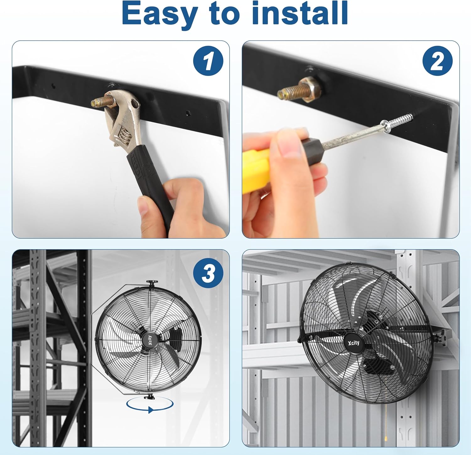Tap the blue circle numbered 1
(x=208, y=61)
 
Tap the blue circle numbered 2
(x=438, y=61)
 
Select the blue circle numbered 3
(x=208, y=273)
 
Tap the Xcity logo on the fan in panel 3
(x=149, y=340)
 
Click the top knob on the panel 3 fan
(x=152, y=283)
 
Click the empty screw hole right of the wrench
(x=188, y=113)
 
